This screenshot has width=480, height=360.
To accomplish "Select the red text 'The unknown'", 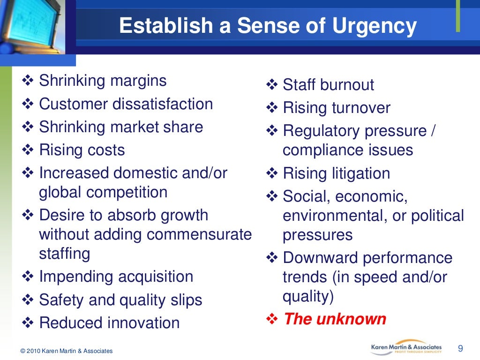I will pos(335,319).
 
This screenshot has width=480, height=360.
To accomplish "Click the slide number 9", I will pos(460,348).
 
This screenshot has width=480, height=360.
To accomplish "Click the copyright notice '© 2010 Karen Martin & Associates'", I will pos(67,351).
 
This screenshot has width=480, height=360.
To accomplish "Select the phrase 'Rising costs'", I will pos(82,150).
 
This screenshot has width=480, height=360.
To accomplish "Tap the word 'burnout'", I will pos(347,85).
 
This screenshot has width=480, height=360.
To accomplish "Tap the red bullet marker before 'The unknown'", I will pos(272,319).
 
